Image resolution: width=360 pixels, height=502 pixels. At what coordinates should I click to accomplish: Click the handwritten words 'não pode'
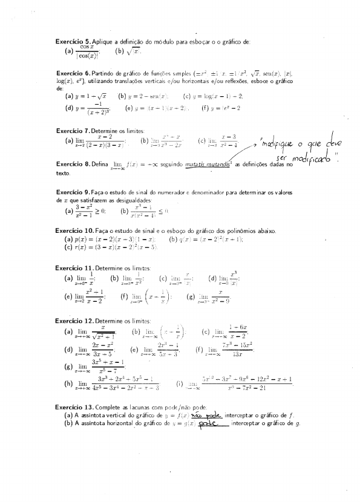207,416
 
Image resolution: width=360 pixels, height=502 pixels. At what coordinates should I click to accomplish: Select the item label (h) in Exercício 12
68,384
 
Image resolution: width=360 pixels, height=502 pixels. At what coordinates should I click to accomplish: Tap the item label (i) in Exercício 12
180,384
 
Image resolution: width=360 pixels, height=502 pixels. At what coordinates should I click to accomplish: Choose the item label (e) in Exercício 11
68,296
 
